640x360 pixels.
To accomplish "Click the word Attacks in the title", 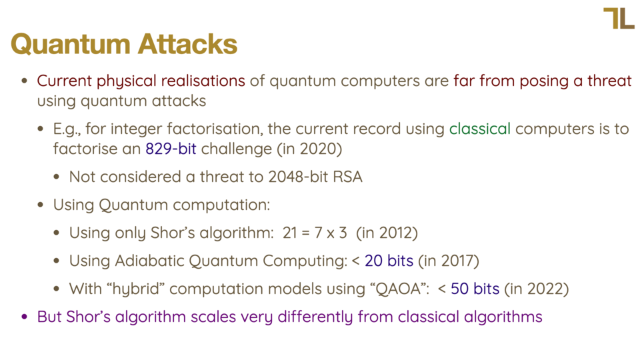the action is [x=187, y=44].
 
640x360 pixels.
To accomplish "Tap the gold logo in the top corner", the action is [x=619, y=19].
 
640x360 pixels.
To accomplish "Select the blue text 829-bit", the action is [x=171, y=149].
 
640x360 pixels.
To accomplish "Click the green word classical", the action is [x=479, y=129].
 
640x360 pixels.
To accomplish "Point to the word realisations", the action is [x=203, y=81].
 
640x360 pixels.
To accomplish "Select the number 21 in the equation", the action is [x=289, y=233].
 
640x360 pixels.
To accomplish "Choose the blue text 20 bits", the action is [x=389, y=261].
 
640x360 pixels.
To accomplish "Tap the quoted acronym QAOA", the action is [x=399, y=289].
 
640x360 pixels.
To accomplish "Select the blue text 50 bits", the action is [x=475, y=289].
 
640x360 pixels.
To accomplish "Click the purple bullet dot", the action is [x=25, y=317].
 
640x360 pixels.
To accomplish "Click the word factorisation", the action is [x=213, y=129].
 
